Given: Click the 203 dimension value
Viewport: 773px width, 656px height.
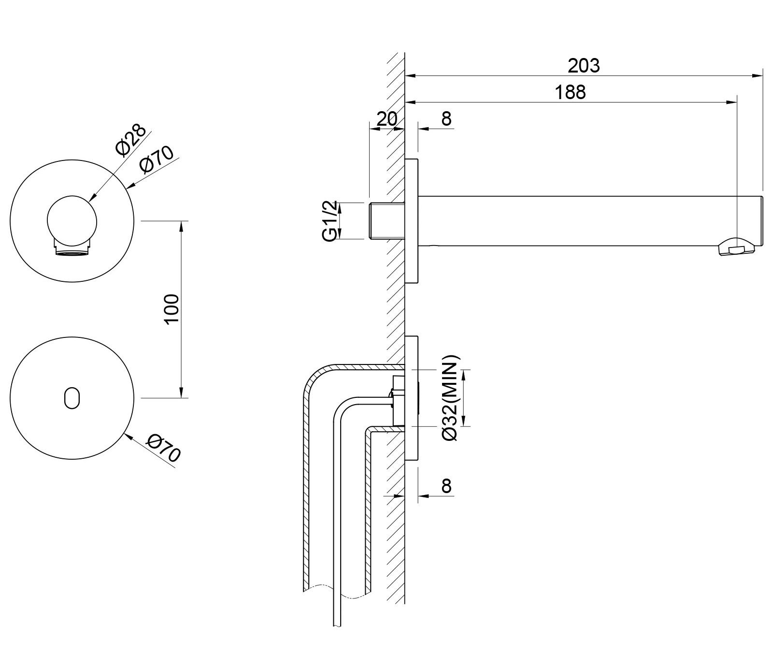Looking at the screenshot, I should [583, 65].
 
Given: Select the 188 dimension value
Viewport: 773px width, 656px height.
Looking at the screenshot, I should [570, 92].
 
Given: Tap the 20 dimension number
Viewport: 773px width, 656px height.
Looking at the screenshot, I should [386, 118].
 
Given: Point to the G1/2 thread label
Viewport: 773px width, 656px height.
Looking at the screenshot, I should [330, 221].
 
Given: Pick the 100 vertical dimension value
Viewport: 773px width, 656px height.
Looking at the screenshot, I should [172, 309].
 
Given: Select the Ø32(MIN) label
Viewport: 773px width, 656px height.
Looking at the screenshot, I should [450, 398].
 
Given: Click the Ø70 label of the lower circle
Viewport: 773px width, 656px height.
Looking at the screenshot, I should [164, 448].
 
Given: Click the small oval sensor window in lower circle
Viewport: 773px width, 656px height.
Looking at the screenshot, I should [72, 397].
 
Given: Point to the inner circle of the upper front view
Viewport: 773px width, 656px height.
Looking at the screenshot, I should [72, 220].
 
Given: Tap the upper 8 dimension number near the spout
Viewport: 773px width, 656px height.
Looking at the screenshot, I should [446, 118].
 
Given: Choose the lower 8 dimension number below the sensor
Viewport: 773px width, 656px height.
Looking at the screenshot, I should [446, 485].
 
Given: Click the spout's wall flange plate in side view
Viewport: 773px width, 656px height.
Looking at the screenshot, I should [412, 220].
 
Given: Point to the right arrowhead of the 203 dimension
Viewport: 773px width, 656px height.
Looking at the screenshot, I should [759, 75].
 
